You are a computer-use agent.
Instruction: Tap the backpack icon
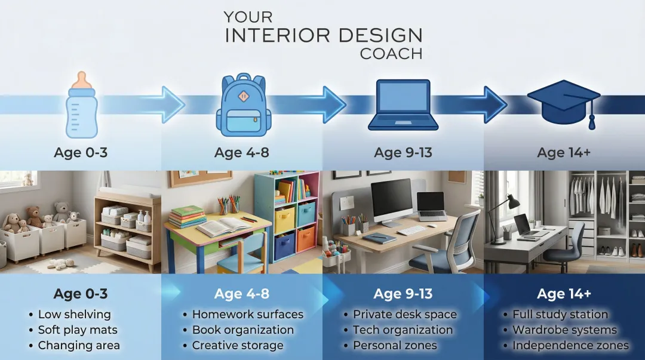tap(244, 105)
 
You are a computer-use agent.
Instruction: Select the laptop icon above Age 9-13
tap(403, 105)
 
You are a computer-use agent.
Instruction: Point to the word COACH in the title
tap(391, 54)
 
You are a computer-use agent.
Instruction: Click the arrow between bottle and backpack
tap(170, 104)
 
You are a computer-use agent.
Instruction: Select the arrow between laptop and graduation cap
tap(493, 104)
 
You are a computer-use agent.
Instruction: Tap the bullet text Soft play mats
tap(78, 330)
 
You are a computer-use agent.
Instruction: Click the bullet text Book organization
tap(242, 330)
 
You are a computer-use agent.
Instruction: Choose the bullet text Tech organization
tap(403, 330)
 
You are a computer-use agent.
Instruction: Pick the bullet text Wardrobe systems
tap(564, 330)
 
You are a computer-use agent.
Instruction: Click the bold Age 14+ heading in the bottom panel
tap(564, 294)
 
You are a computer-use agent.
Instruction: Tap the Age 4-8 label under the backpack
tap(242, 153)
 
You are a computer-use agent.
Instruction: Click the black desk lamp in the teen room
tap(505, 209)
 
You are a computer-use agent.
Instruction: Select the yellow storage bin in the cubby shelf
tap(284, 220)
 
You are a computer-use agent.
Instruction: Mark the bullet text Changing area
tap(79, 345)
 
